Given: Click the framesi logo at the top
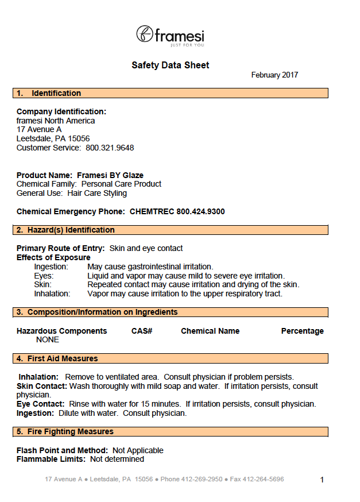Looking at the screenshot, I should click(170, 35).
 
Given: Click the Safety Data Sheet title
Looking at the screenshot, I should click(170, 65).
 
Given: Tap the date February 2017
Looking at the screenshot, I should click(274, 75).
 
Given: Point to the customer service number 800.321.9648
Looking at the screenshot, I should click(110, 148).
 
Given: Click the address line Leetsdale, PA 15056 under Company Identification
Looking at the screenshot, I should click(53, 138).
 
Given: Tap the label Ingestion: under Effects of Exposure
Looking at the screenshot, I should click(51, 267).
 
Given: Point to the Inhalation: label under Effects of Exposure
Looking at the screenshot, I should click(52, 294).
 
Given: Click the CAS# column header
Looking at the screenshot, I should click(141, 331).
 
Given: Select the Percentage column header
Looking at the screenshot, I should click(302, 331).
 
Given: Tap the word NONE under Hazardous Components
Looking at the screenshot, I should click(48, 339).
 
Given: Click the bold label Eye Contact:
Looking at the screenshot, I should click(40, 404).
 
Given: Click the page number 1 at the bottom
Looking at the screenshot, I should click(322, 480).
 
